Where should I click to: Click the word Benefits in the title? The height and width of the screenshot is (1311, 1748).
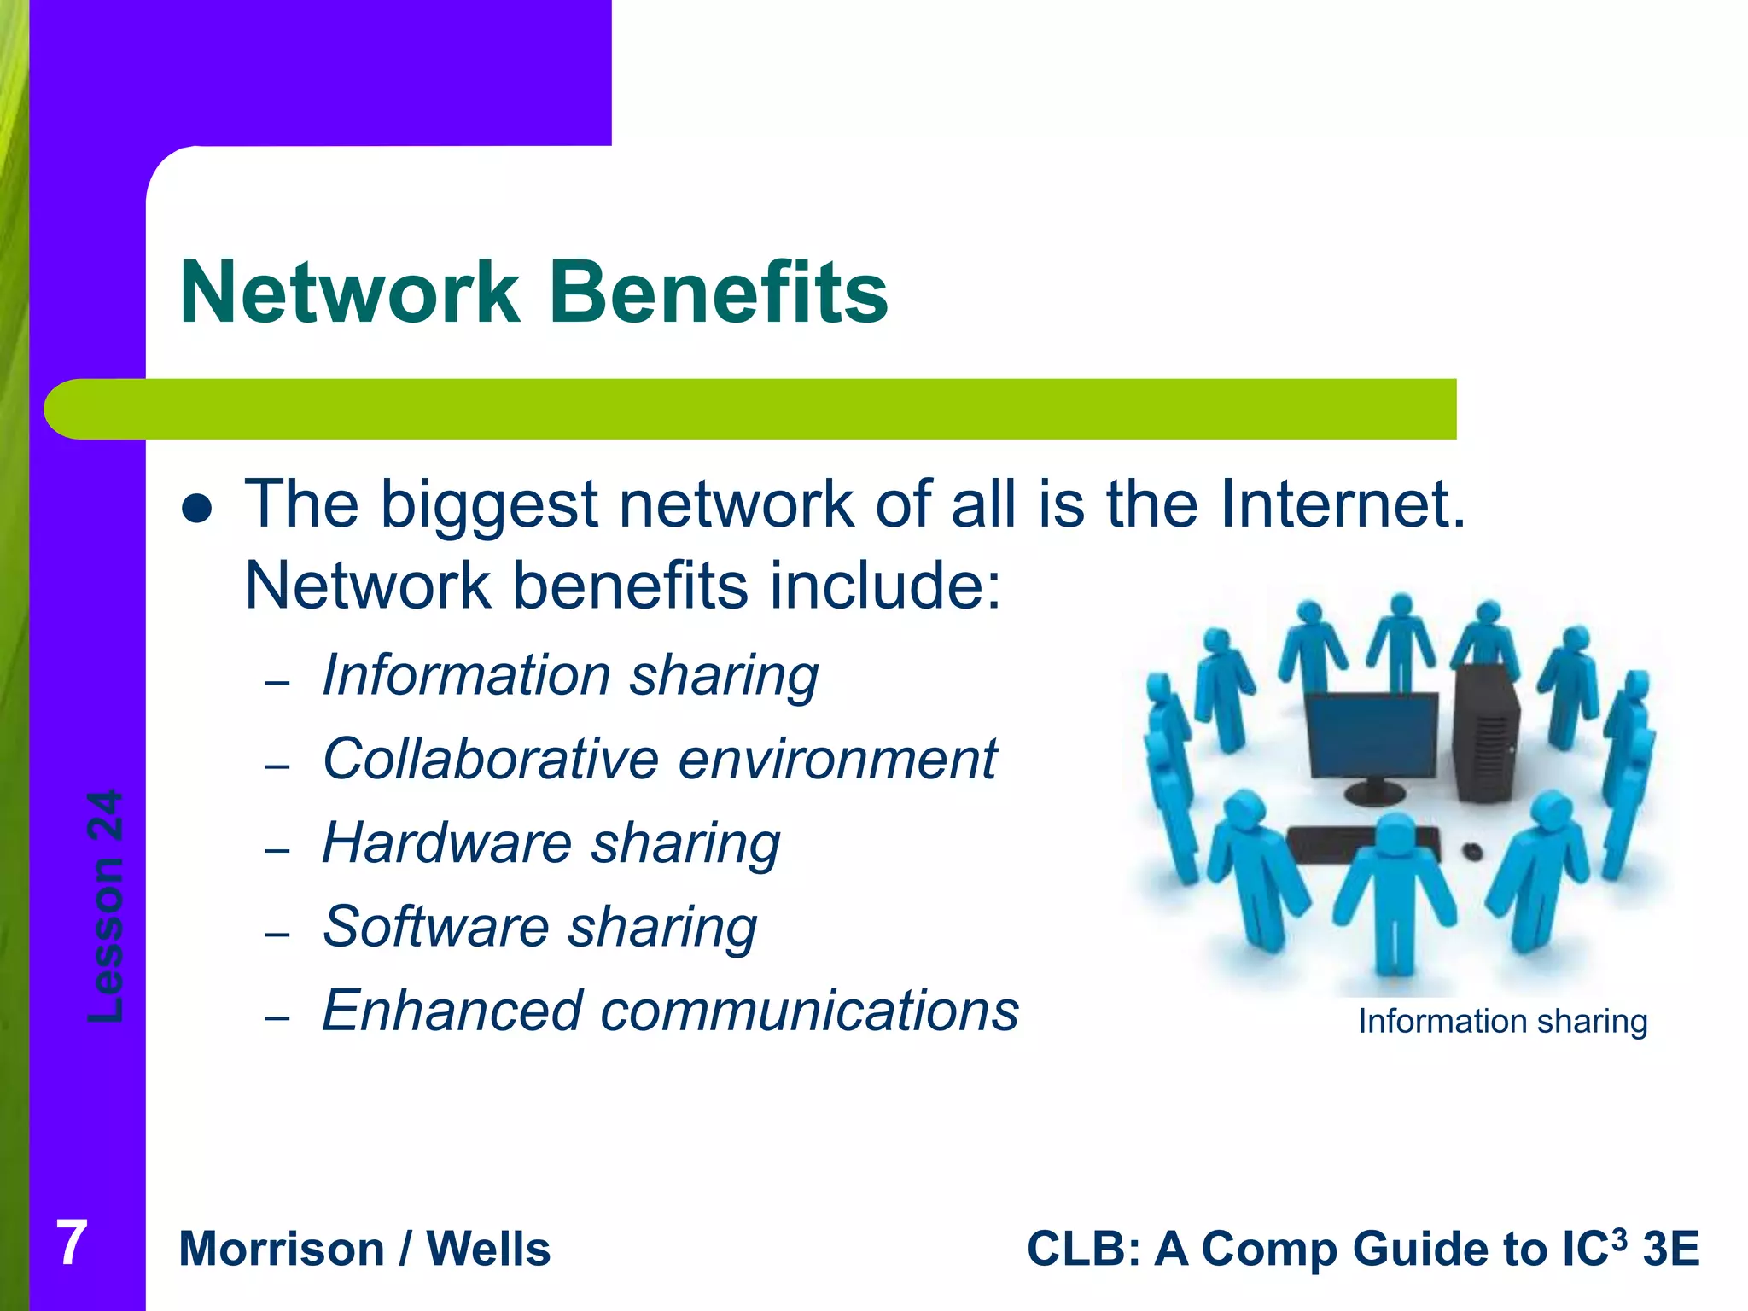click(718, 293)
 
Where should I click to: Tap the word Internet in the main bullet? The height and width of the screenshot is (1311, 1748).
click(1342, 504)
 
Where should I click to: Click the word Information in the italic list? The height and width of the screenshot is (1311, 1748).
click(465, 675)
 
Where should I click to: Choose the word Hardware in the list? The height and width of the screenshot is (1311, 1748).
click(446, 842)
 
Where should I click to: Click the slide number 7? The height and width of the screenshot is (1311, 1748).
click(72, 1244)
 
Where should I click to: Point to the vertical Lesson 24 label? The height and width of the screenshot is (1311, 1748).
click(107, 906)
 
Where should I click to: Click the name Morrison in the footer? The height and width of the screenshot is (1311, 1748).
click(282, 1250)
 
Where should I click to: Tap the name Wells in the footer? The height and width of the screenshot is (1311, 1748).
click(488, 1250)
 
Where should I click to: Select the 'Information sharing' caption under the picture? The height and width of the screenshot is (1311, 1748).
click(1502, 1022)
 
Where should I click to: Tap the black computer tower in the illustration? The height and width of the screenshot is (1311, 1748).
click(1486, 734)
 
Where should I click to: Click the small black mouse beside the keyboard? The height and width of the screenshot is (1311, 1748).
click(1471, 851)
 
